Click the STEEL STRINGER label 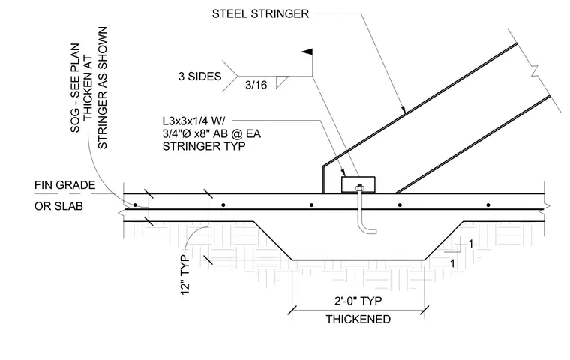(x=260, y=13)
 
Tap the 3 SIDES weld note (x=199, y=76)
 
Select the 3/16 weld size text (x=256, y=85)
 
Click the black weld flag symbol (x=307, y=52)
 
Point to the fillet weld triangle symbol (x=281, y=82)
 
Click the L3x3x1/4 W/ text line (x=193, y=121)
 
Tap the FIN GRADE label (x=64, y=185)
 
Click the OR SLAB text (x=58, y=206)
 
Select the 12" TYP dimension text (x=185, y=275)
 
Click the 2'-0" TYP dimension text (x=358, y=301)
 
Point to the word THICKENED (x=358, y=319)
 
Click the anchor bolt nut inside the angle (x=359, y=188)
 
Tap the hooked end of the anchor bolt (x=369, y=230)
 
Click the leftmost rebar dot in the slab (x=135, y=205)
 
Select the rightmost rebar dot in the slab (x=488, y=205)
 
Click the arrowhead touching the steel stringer (x=403, y=109)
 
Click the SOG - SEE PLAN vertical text (x=75, y=88)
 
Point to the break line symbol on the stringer (x=534, y=70)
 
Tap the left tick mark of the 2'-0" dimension (x=292, y=311)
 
